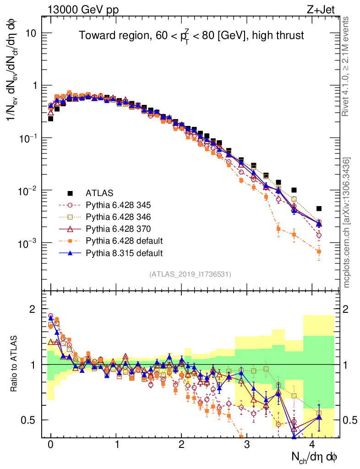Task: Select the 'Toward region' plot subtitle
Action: coord(191,36)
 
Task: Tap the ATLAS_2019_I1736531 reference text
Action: coord(190,274)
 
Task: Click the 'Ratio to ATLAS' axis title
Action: coord(15,364)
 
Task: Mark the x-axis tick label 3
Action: coord(247,444)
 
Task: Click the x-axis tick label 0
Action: coord(51,444)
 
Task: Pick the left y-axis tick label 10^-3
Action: coord(29,243)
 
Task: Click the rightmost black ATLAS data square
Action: coord(319,208)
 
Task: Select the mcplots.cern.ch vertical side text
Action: coord(347,222)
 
